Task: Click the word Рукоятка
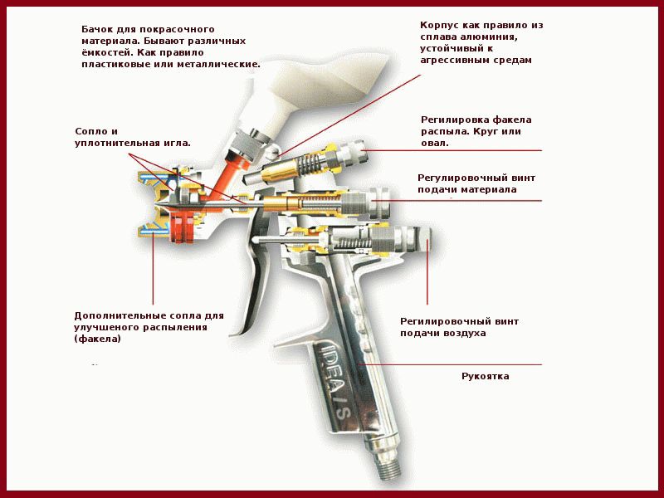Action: (x=486, y=377)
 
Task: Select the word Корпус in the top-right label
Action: (x=441, y=25)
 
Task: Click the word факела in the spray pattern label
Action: (x=514, y=120)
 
